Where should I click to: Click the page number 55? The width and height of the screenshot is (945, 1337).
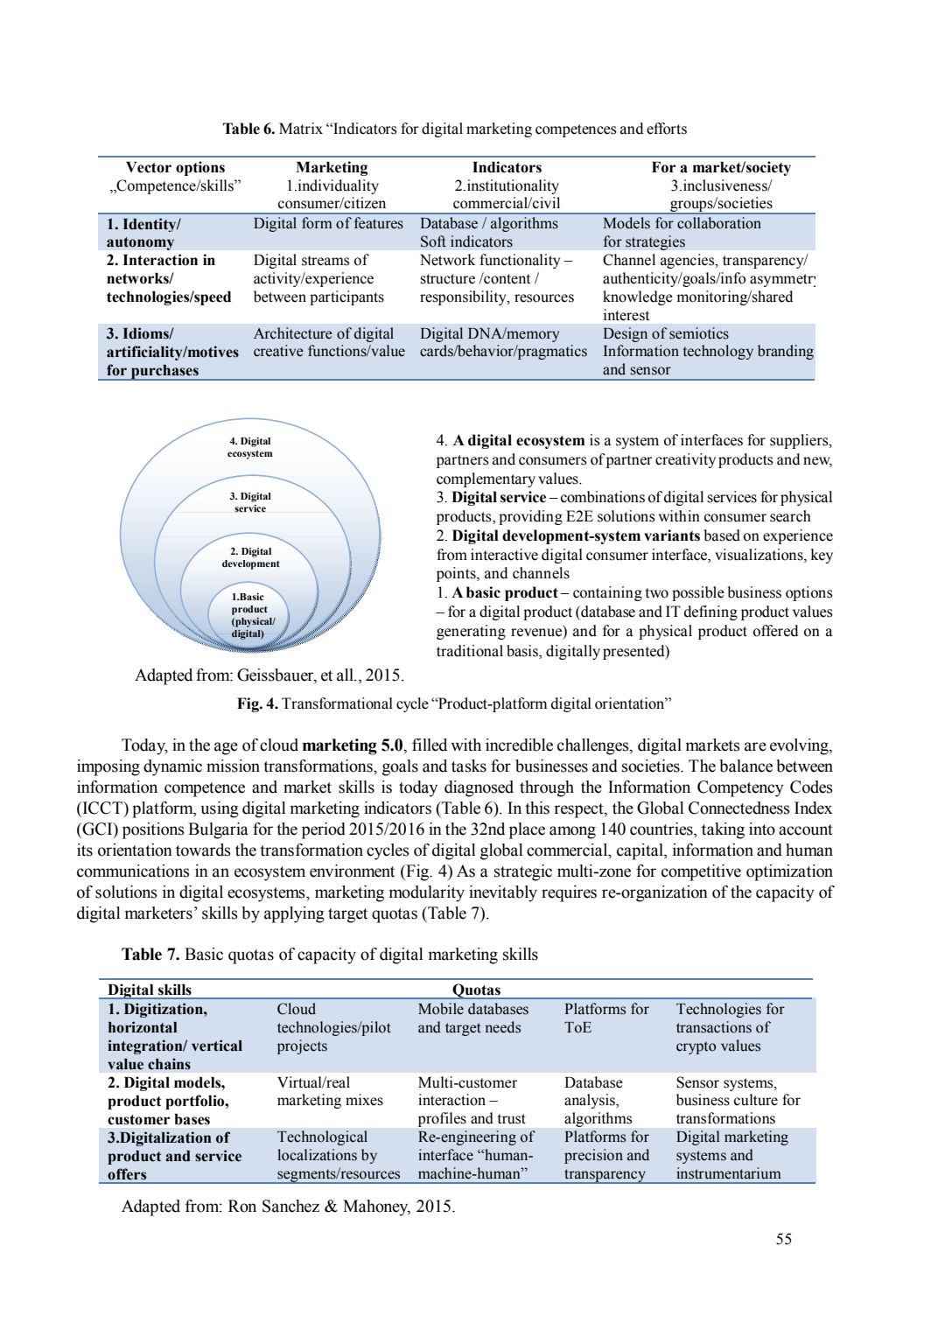coord(783,1238)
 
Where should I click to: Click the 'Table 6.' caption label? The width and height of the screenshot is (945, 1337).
coord(248,129)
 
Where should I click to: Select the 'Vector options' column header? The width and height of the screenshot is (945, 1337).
coord(175,167)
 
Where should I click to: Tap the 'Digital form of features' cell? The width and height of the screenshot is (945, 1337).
coord(328,224)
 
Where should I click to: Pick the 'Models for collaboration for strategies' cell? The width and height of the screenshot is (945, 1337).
coord(682,233)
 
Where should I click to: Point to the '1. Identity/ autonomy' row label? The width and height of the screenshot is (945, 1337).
coord(143,233)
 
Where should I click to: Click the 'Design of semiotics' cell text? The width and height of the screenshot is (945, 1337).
coord(665,333)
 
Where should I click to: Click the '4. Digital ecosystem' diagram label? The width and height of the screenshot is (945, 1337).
coord(250,447)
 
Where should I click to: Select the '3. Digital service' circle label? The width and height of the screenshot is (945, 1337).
coord(250,502)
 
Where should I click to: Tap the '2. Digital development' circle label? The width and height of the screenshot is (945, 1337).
coord(251,557)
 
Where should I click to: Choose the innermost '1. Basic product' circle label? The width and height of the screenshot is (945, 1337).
coord(251,615)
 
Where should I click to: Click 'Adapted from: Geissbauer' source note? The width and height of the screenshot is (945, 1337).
coord(269,675)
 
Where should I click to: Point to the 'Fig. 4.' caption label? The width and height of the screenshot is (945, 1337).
coord(257,703)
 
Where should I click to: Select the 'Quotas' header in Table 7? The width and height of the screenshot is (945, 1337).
coord(476,990)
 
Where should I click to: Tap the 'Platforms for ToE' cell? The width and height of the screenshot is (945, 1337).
coord(605,1018)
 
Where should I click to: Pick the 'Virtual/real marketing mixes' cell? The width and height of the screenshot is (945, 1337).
coord(330,1092)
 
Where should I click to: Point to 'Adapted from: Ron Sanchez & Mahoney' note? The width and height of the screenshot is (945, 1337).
coord(288,1207)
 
